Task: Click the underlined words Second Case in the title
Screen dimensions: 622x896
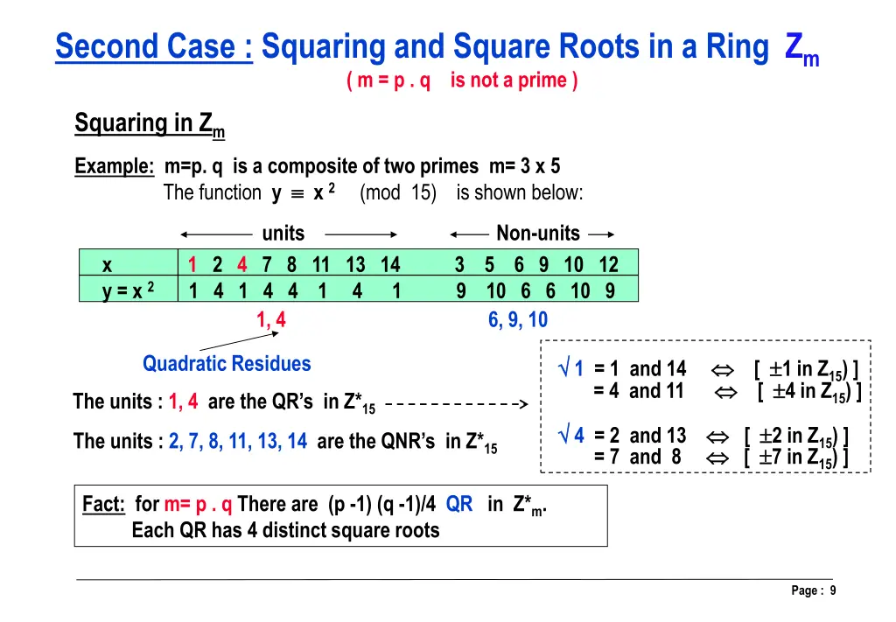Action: [154, 46]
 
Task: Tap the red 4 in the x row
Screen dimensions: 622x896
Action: [242, 265]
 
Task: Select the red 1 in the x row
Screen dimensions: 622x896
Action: [192, 265]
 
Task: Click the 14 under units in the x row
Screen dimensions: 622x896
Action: [390, 265]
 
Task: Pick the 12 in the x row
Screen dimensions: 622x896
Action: [608, 265]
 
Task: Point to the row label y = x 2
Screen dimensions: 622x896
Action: [129, 291]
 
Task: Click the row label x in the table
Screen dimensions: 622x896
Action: [107, 265]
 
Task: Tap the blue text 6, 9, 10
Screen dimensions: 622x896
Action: [518, 320]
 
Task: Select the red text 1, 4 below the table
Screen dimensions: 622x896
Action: [271, 320]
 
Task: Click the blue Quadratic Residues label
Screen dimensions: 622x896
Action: [227, 364]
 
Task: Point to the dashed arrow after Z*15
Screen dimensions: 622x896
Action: [456, 404]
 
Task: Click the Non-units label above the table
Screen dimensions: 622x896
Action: [537, 234]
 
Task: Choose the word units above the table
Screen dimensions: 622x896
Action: [283, 234]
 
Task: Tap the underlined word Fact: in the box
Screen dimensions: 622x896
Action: [104, 504]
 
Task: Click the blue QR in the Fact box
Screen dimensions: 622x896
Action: [459, 504]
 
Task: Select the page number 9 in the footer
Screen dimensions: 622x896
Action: [833, 591]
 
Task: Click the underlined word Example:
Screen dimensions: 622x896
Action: [115, 166]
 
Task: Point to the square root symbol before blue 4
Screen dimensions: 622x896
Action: [565, 435]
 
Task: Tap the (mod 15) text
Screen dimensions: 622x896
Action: [398, 192]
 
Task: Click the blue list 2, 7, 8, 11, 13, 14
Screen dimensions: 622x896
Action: [238, 442]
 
